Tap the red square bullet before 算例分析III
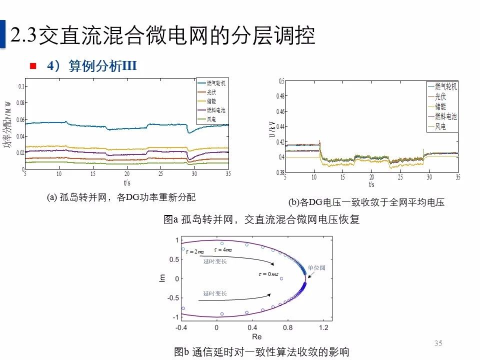click(x=33, y=66)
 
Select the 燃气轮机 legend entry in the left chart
click(x=215, y=83)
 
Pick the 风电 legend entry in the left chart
click(x=211, y=119)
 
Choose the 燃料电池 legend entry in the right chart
click(x=445, y=116)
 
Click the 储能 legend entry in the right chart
click(x=440, y=106)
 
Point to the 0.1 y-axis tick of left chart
click(x=21, y=86)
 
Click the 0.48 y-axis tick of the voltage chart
click(x=279, y=96)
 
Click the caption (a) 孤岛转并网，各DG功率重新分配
click(x=121, y=197)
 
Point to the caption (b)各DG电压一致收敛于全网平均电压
click(x=366, y=202)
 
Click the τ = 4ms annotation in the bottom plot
click(x=223, y=249)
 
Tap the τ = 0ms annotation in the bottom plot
click(x=268, y=274)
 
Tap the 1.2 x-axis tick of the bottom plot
click(x=324, y=328)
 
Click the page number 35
click(x=438, y=343)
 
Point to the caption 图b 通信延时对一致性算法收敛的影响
click(x=261, y=352)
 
